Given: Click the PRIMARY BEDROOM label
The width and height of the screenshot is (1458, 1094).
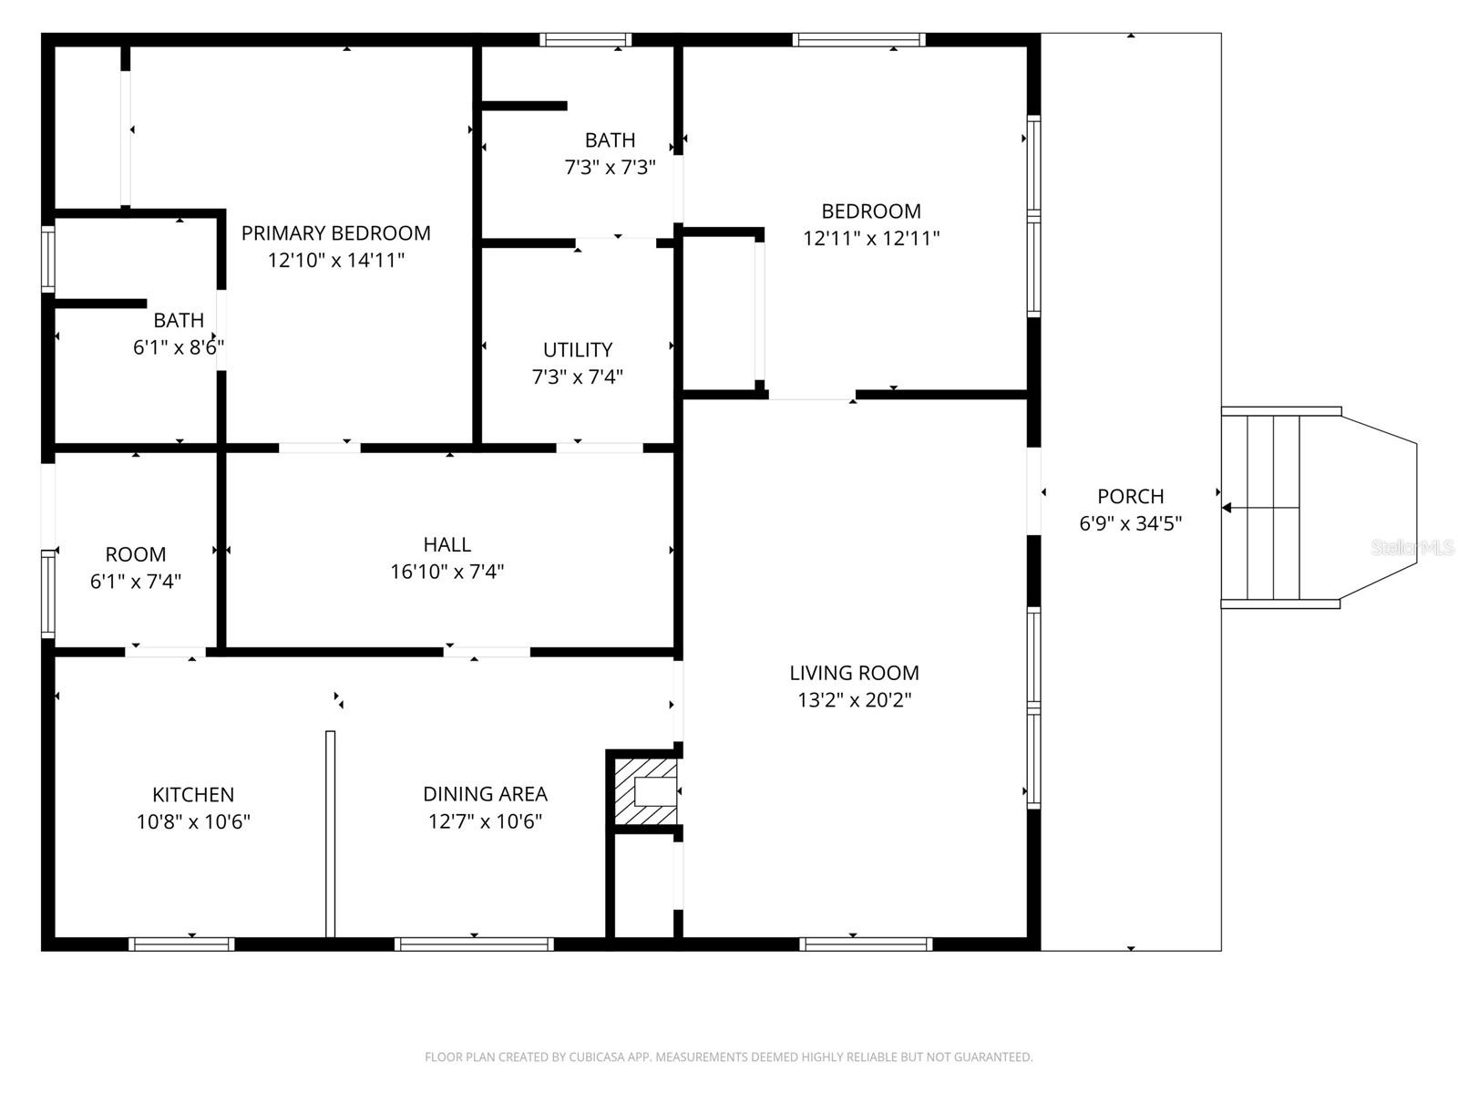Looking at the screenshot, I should point(335,233).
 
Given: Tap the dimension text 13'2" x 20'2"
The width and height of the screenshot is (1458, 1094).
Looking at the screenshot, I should point(853,700).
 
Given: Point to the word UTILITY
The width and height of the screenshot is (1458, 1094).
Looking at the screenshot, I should point(578,350).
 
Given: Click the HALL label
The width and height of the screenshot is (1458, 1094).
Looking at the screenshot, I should point(447,545).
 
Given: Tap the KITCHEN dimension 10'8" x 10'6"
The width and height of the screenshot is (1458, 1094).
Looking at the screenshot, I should point(193,821).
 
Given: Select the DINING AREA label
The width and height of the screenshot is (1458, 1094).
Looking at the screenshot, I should point(485,794).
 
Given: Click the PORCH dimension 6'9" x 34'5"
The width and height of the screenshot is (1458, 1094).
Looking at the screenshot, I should point(1130,523).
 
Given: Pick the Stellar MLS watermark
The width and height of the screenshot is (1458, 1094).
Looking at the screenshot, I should point(1412,548).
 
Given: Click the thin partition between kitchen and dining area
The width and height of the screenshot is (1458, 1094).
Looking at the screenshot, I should point(330,833).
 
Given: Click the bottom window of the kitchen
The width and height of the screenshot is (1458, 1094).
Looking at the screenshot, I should point(181,944).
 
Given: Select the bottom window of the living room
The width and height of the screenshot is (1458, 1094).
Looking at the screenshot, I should point(866,944).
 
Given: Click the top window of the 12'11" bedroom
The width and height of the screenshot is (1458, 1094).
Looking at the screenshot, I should point(859,39).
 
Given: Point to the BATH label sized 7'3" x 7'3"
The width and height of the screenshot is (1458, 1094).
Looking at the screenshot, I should point(610,140).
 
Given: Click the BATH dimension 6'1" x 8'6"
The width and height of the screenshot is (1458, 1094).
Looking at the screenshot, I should point(179,347).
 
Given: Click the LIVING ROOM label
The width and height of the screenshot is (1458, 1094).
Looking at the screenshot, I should point(854,673).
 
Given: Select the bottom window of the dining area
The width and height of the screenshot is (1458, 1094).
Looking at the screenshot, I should point(474,944).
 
